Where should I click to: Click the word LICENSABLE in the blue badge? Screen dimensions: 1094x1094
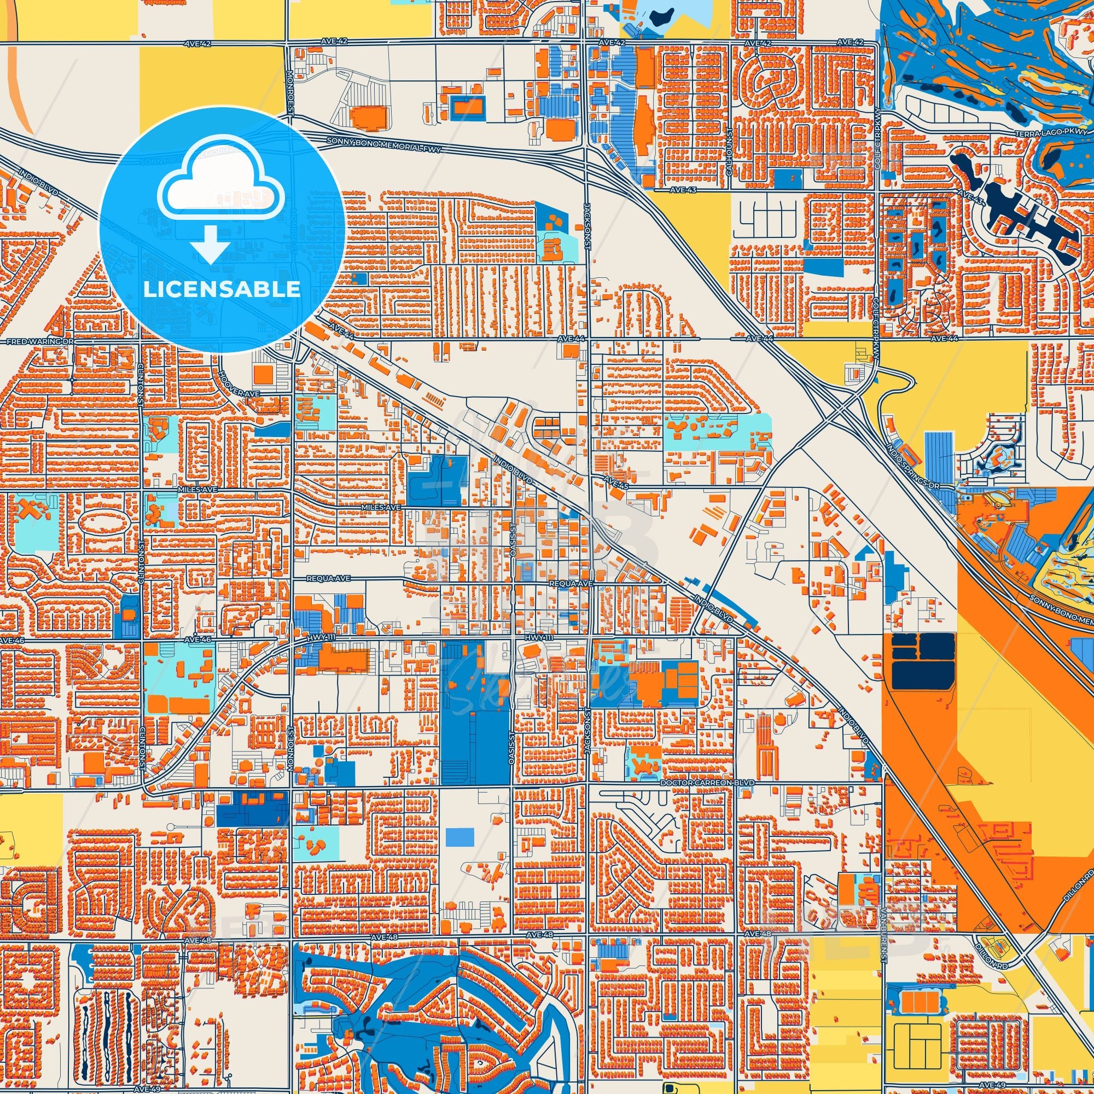(x=222, y=289)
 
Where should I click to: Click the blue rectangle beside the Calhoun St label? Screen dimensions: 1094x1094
(x=788, y=179)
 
